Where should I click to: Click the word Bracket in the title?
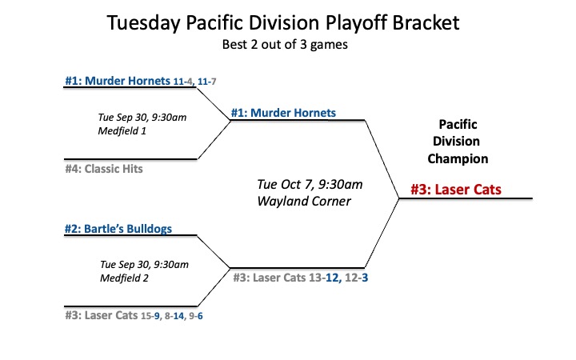tap(426, 22)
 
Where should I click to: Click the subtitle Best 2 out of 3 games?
tap(285, 45)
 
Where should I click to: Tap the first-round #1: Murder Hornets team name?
tap(118, 81)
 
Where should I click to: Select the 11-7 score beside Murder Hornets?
tap(207, 81)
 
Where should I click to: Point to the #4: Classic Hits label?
tap(104, 169)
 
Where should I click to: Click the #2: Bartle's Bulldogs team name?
tap(118, 229)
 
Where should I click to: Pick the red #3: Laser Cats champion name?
tap(456, 190)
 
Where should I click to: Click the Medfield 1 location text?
tap(122, 130)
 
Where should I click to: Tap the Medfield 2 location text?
tap(124, 278)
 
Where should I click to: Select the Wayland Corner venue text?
tap(304, 201)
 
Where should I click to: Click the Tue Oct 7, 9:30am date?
tap(310, 184)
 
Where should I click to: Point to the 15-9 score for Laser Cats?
tap(150, 316)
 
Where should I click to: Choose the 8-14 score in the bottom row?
tap(174, 316)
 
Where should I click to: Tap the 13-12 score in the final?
tap(324, 278)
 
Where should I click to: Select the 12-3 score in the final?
tap(356, 278)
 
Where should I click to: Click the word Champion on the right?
tap(458, 158)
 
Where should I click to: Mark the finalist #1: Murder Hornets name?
tap(283, 113)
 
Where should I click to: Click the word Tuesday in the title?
tap(144, 22)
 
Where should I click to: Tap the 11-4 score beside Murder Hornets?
tap(183, 81)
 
